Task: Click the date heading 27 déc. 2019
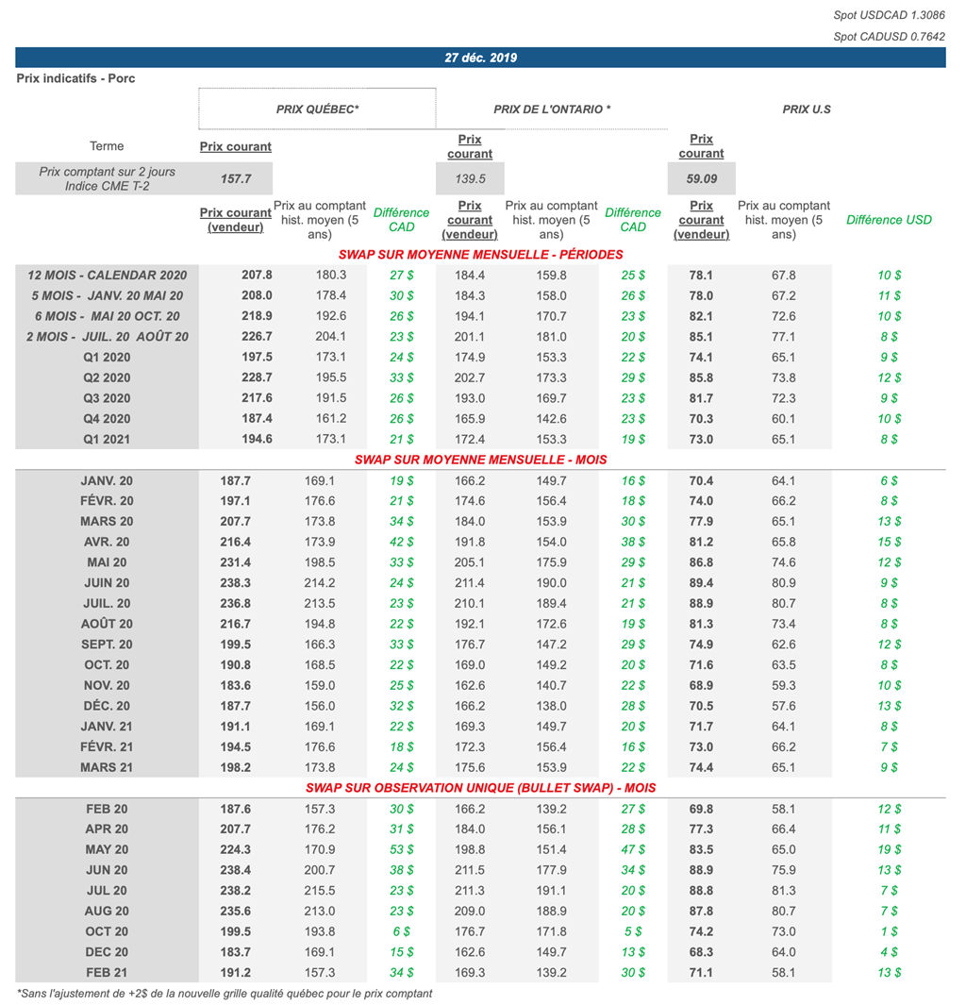pos(480,58)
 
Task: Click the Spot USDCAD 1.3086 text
pos(889,15)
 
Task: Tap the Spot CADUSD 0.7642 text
pos(889,37)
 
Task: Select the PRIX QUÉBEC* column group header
pos(317,109)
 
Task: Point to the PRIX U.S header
pos(807,109)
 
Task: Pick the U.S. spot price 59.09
pos(701,178)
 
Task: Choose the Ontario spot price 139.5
pos(470,178)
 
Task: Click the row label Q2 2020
pos(107,377)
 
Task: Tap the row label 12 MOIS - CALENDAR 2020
pos(108,276)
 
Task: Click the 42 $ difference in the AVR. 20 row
pos(401,543)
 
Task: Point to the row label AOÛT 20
pos(107,624)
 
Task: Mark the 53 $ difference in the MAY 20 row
pos(401,849)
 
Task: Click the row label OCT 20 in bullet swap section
pos(107,931)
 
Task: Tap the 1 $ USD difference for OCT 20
pos(889,931)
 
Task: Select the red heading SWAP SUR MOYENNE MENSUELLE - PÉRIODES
pos(480,255)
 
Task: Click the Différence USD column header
pos(889,220)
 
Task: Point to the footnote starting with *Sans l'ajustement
pos(225,994)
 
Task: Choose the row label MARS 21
pos(107,767)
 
